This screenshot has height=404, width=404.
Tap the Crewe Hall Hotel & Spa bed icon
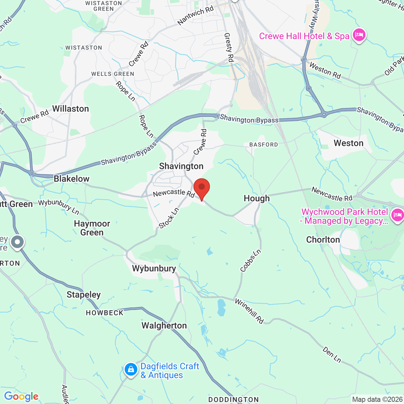[359, 35]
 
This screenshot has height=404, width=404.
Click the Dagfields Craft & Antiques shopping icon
[131, 369]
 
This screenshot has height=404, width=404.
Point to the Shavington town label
[181, 166]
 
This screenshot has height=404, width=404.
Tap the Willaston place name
[70, 109]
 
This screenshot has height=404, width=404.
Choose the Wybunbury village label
[154, 269]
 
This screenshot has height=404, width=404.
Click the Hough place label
[257, 199]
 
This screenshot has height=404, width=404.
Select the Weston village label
[348, 143]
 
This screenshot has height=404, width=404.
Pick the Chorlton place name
[323, 240]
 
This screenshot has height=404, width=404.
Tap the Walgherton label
[164, 326]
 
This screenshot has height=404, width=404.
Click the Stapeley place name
[84, 295]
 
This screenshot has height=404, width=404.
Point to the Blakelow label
[72, 179]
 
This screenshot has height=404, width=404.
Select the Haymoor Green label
[92, 228]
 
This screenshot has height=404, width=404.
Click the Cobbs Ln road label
[251, 261]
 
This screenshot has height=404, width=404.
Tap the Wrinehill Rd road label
[249, 311]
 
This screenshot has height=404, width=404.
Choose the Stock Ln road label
[169, 218]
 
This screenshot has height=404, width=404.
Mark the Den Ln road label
[332, 355]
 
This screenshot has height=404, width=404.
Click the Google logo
[21, 396]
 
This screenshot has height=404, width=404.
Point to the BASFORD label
[264, 145]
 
